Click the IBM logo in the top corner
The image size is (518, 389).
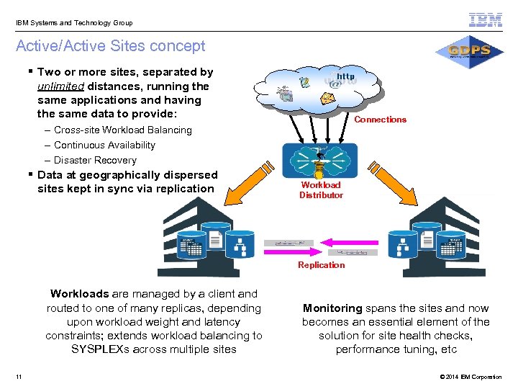click(486, 19)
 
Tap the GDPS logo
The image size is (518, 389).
click(469, 51)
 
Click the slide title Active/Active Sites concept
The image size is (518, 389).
click(111, 46)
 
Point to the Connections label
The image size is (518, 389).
click(380, 120)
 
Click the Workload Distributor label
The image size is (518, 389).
click(321, 190)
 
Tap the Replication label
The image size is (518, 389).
click(322, 265)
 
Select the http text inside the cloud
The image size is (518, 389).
click(346, 76)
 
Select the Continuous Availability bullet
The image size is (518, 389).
click(104, 146)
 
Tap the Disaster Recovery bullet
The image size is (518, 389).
click(95, 161)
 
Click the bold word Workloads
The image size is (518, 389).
click(79, 294)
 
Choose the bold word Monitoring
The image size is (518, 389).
click(333, 308)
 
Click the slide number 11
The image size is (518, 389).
click(18, 377)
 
